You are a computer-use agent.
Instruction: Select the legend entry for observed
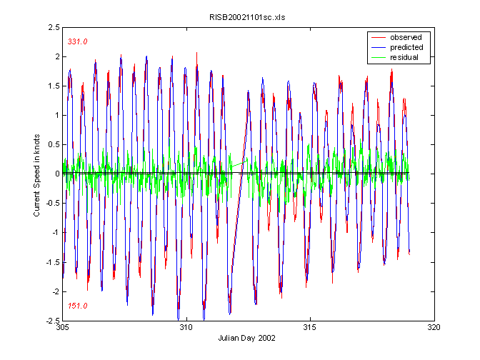point(405,37)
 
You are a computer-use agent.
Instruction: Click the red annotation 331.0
point(77,42)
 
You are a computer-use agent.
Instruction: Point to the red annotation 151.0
point(77,306)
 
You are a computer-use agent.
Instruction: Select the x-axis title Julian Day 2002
point(248,338)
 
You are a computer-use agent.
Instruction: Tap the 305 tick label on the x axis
point(62,328)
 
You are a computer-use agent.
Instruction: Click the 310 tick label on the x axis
point(186,328)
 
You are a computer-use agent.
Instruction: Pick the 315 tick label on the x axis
point(310,328)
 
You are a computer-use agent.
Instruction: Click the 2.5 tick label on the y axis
point(52,27)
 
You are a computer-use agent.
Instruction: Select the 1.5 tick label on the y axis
point(52,86)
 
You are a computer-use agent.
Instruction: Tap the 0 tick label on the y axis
point(56,174)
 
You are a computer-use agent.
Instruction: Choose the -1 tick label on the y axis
point(54,232)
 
